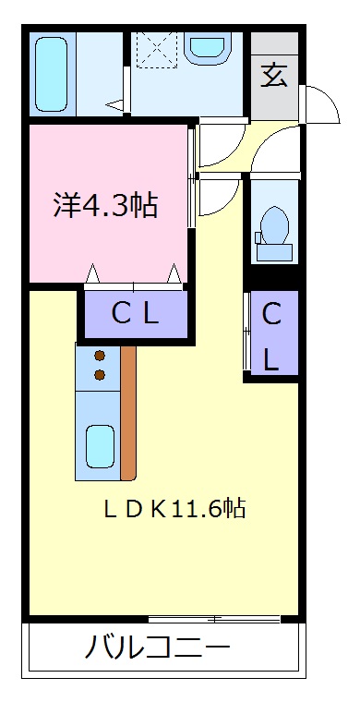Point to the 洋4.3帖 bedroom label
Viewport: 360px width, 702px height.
(x=104, y=203)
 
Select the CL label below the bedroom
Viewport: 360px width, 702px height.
(x=136, y=314)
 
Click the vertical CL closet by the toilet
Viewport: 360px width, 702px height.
(x=270, y=334)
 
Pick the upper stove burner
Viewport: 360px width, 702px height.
(x=100, y=355)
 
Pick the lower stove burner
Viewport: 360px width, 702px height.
(x=100, y=374)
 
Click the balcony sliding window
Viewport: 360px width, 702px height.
(x=215, y=617)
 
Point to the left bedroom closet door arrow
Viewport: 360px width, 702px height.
(x=92, y=274)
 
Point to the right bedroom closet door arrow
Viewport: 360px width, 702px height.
(x=174, y=274)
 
